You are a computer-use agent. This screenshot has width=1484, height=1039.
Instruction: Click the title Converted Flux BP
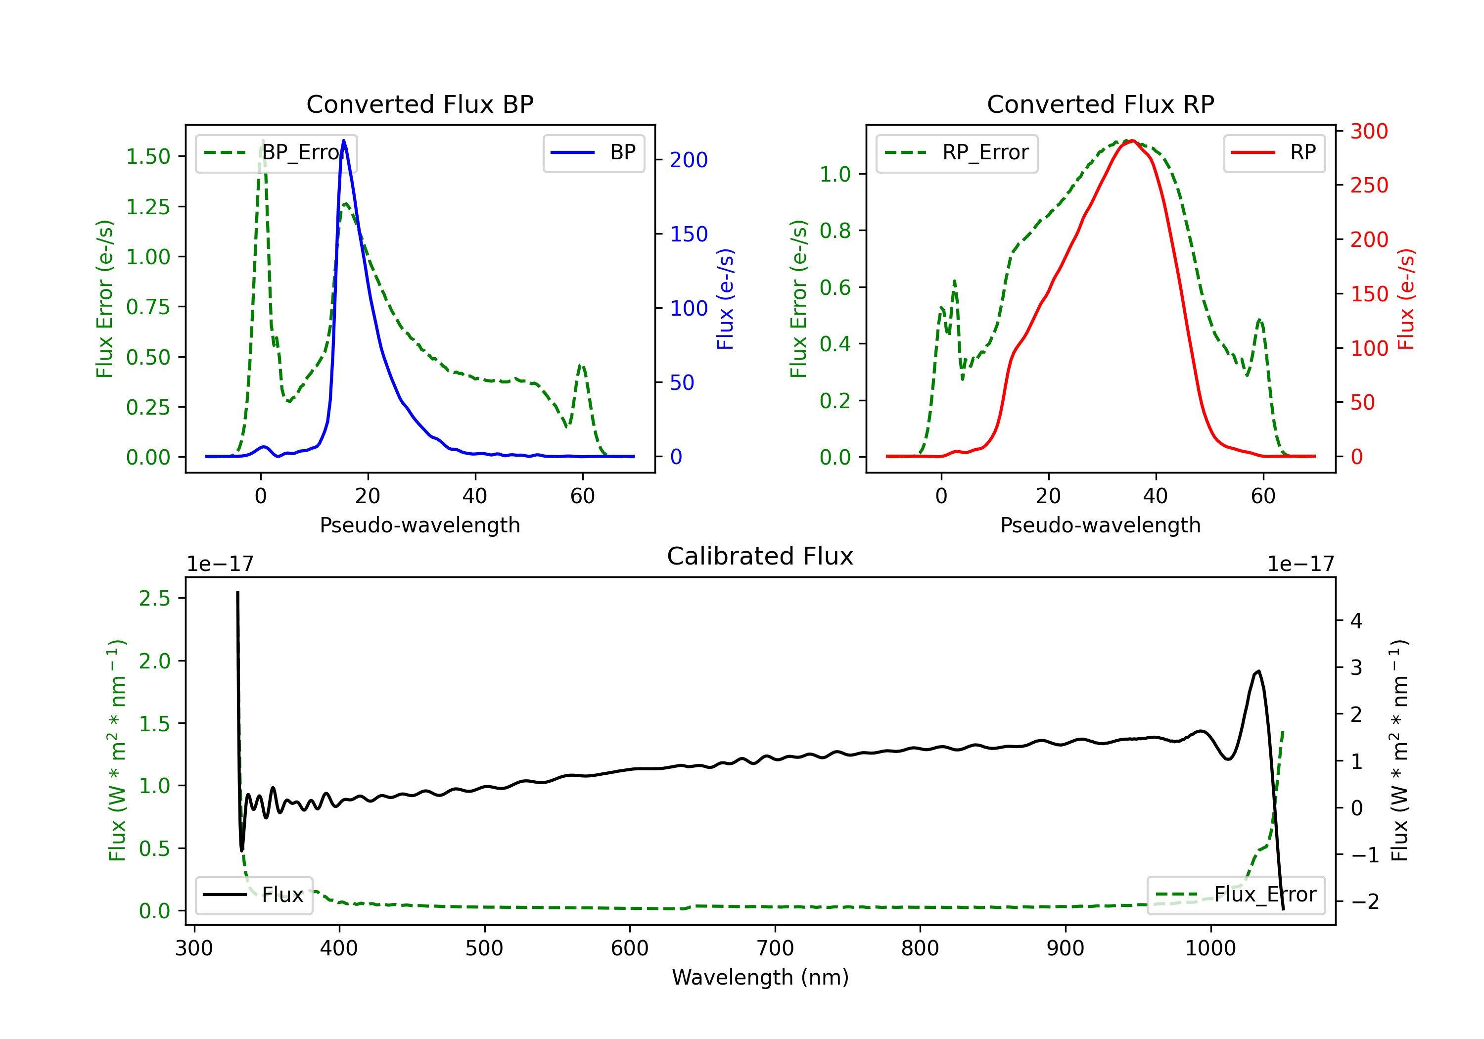point(419,104)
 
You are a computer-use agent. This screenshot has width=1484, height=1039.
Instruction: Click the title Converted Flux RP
point(1100,104)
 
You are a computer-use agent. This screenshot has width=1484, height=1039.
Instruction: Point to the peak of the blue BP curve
point(343,141)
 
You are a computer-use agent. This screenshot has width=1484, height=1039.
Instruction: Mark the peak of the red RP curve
point(1132,141)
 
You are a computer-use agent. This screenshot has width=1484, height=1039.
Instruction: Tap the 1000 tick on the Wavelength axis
point(1210,948)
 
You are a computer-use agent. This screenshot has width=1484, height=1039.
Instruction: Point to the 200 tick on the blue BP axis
point(689,160)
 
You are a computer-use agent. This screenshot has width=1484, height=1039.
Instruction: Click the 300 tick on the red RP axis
point(1369,131)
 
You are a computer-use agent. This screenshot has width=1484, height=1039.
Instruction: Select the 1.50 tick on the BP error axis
point(148,156)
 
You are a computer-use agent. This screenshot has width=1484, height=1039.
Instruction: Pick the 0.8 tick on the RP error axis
point(835,231)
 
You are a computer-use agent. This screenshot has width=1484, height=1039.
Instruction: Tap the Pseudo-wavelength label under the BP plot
point(419,525)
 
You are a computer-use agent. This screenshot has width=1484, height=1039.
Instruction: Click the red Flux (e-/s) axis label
point(1406,299)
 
